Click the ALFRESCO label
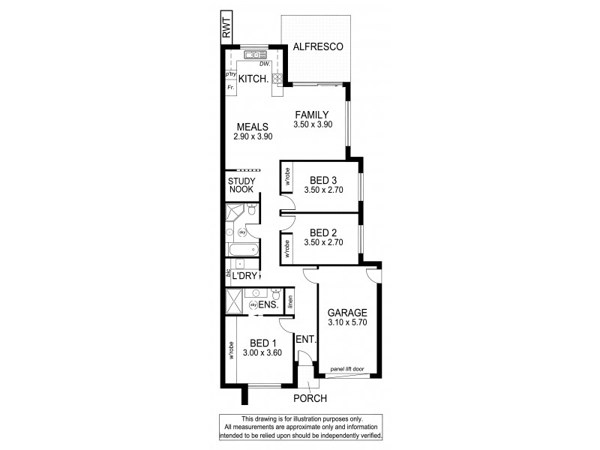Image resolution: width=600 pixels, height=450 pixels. [318, 46]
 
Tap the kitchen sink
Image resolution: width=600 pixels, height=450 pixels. [255, 54]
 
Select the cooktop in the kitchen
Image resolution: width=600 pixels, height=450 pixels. [277, 78]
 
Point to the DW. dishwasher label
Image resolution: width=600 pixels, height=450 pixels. [264, 64]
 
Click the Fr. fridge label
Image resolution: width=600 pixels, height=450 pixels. [230, 88]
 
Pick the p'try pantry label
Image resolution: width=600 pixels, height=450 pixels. [230, 75]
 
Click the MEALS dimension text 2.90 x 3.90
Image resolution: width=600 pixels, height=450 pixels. [252, 137]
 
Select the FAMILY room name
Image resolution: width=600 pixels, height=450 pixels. [311, 115]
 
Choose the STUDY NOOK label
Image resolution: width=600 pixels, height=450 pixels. [241, 184]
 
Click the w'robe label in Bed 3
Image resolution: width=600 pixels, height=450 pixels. [287, 179]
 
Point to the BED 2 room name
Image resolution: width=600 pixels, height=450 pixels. [322, 232]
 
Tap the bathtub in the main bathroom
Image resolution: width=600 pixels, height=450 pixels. [243, 250]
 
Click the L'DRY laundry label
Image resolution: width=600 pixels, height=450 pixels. [245, 276]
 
